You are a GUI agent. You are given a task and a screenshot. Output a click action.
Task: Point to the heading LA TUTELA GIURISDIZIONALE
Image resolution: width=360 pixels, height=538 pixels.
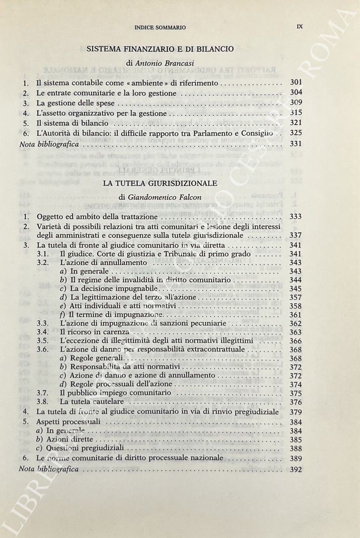click(160, 183)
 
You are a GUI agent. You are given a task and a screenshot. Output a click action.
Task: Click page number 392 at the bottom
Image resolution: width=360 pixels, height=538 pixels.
click(295, 468)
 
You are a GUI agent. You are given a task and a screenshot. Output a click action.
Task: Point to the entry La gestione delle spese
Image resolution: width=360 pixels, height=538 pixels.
click(75, 103)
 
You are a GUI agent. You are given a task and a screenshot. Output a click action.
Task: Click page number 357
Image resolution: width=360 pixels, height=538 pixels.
click(296, 297)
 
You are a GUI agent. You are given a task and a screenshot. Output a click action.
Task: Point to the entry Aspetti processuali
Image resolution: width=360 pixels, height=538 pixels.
click(69, 421)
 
